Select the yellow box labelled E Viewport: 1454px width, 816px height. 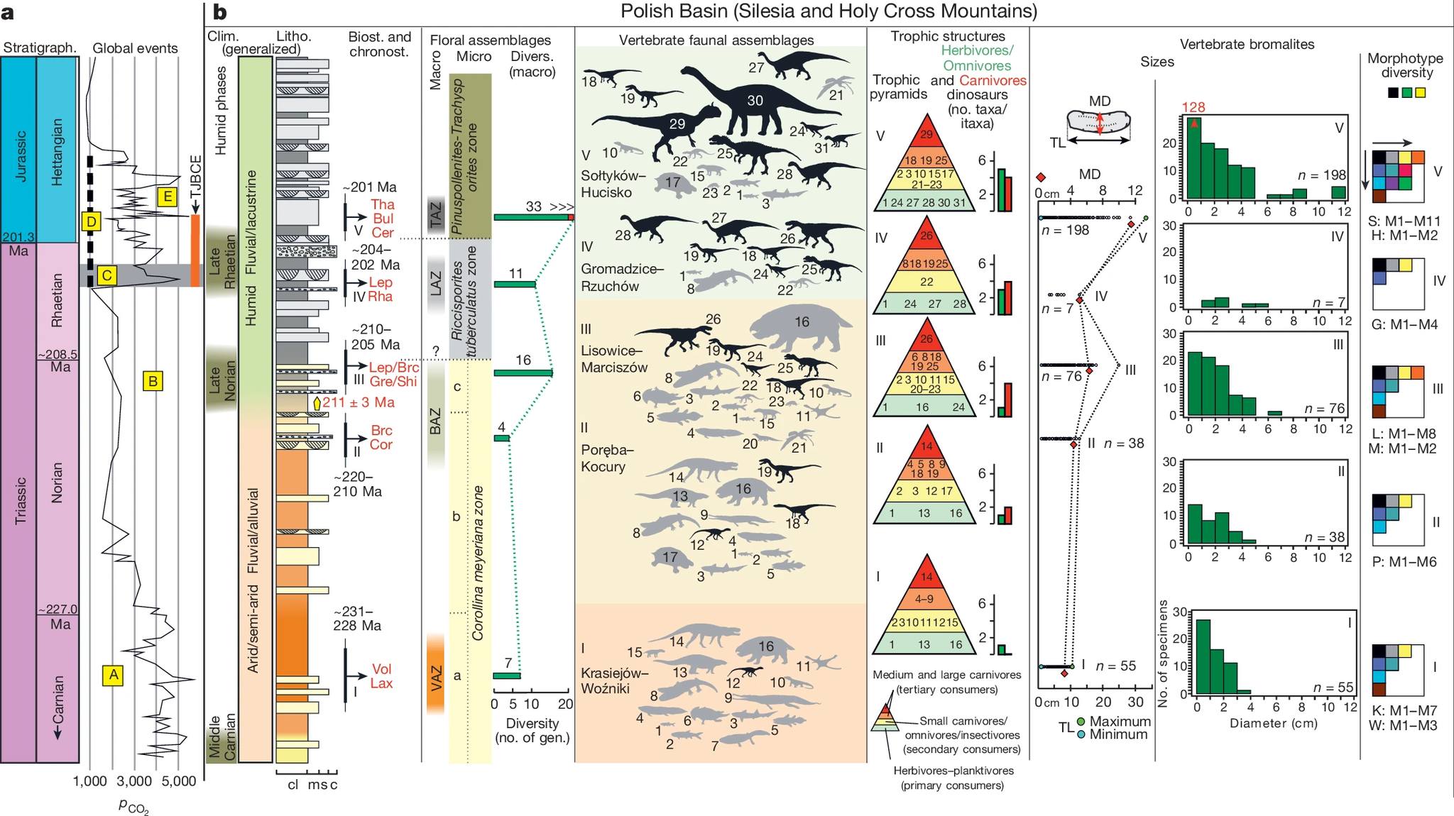(x=167, y=197)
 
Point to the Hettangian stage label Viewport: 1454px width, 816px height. (x=58, y=152)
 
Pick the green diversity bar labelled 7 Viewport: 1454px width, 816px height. (x=506, y=676)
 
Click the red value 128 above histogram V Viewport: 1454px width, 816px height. (x=1193, y=107)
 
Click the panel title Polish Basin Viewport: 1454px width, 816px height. (x=829, y=11)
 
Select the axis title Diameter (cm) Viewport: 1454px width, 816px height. (x=1273, y=723)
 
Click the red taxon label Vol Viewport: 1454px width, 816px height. (x=381, y=669)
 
